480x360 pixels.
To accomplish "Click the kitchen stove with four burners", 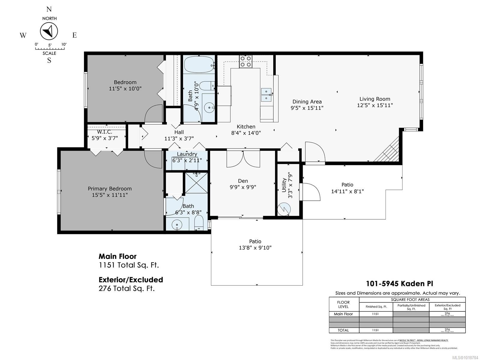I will (x=246, y=61).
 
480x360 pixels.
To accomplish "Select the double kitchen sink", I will (x=266, y=94).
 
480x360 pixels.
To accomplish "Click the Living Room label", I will (x=375, y=99).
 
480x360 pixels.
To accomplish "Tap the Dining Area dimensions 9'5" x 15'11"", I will (x=307, y=108).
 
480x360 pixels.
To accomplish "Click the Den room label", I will (x=243, y=181).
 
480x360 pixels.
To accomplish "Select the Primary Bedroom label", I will (x=109, y=189).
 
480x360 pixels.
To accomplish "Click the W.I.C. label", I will (x=104, y=132).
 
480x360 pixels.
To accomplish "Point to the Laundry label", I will (x=187, y=154).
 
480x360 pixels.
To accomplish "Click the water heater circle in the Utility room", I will (x=284, y=209).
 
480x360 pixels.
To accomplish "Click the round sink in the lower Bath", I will (x=177, y=224).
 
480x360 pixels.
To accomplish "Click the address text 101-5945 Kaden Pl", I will (x=399, y=283).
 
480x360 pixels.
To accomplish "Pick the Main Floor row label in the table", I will (x=343, y=314).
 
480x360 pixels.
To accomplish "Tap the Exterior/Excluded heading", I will (x=131, y=280).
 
